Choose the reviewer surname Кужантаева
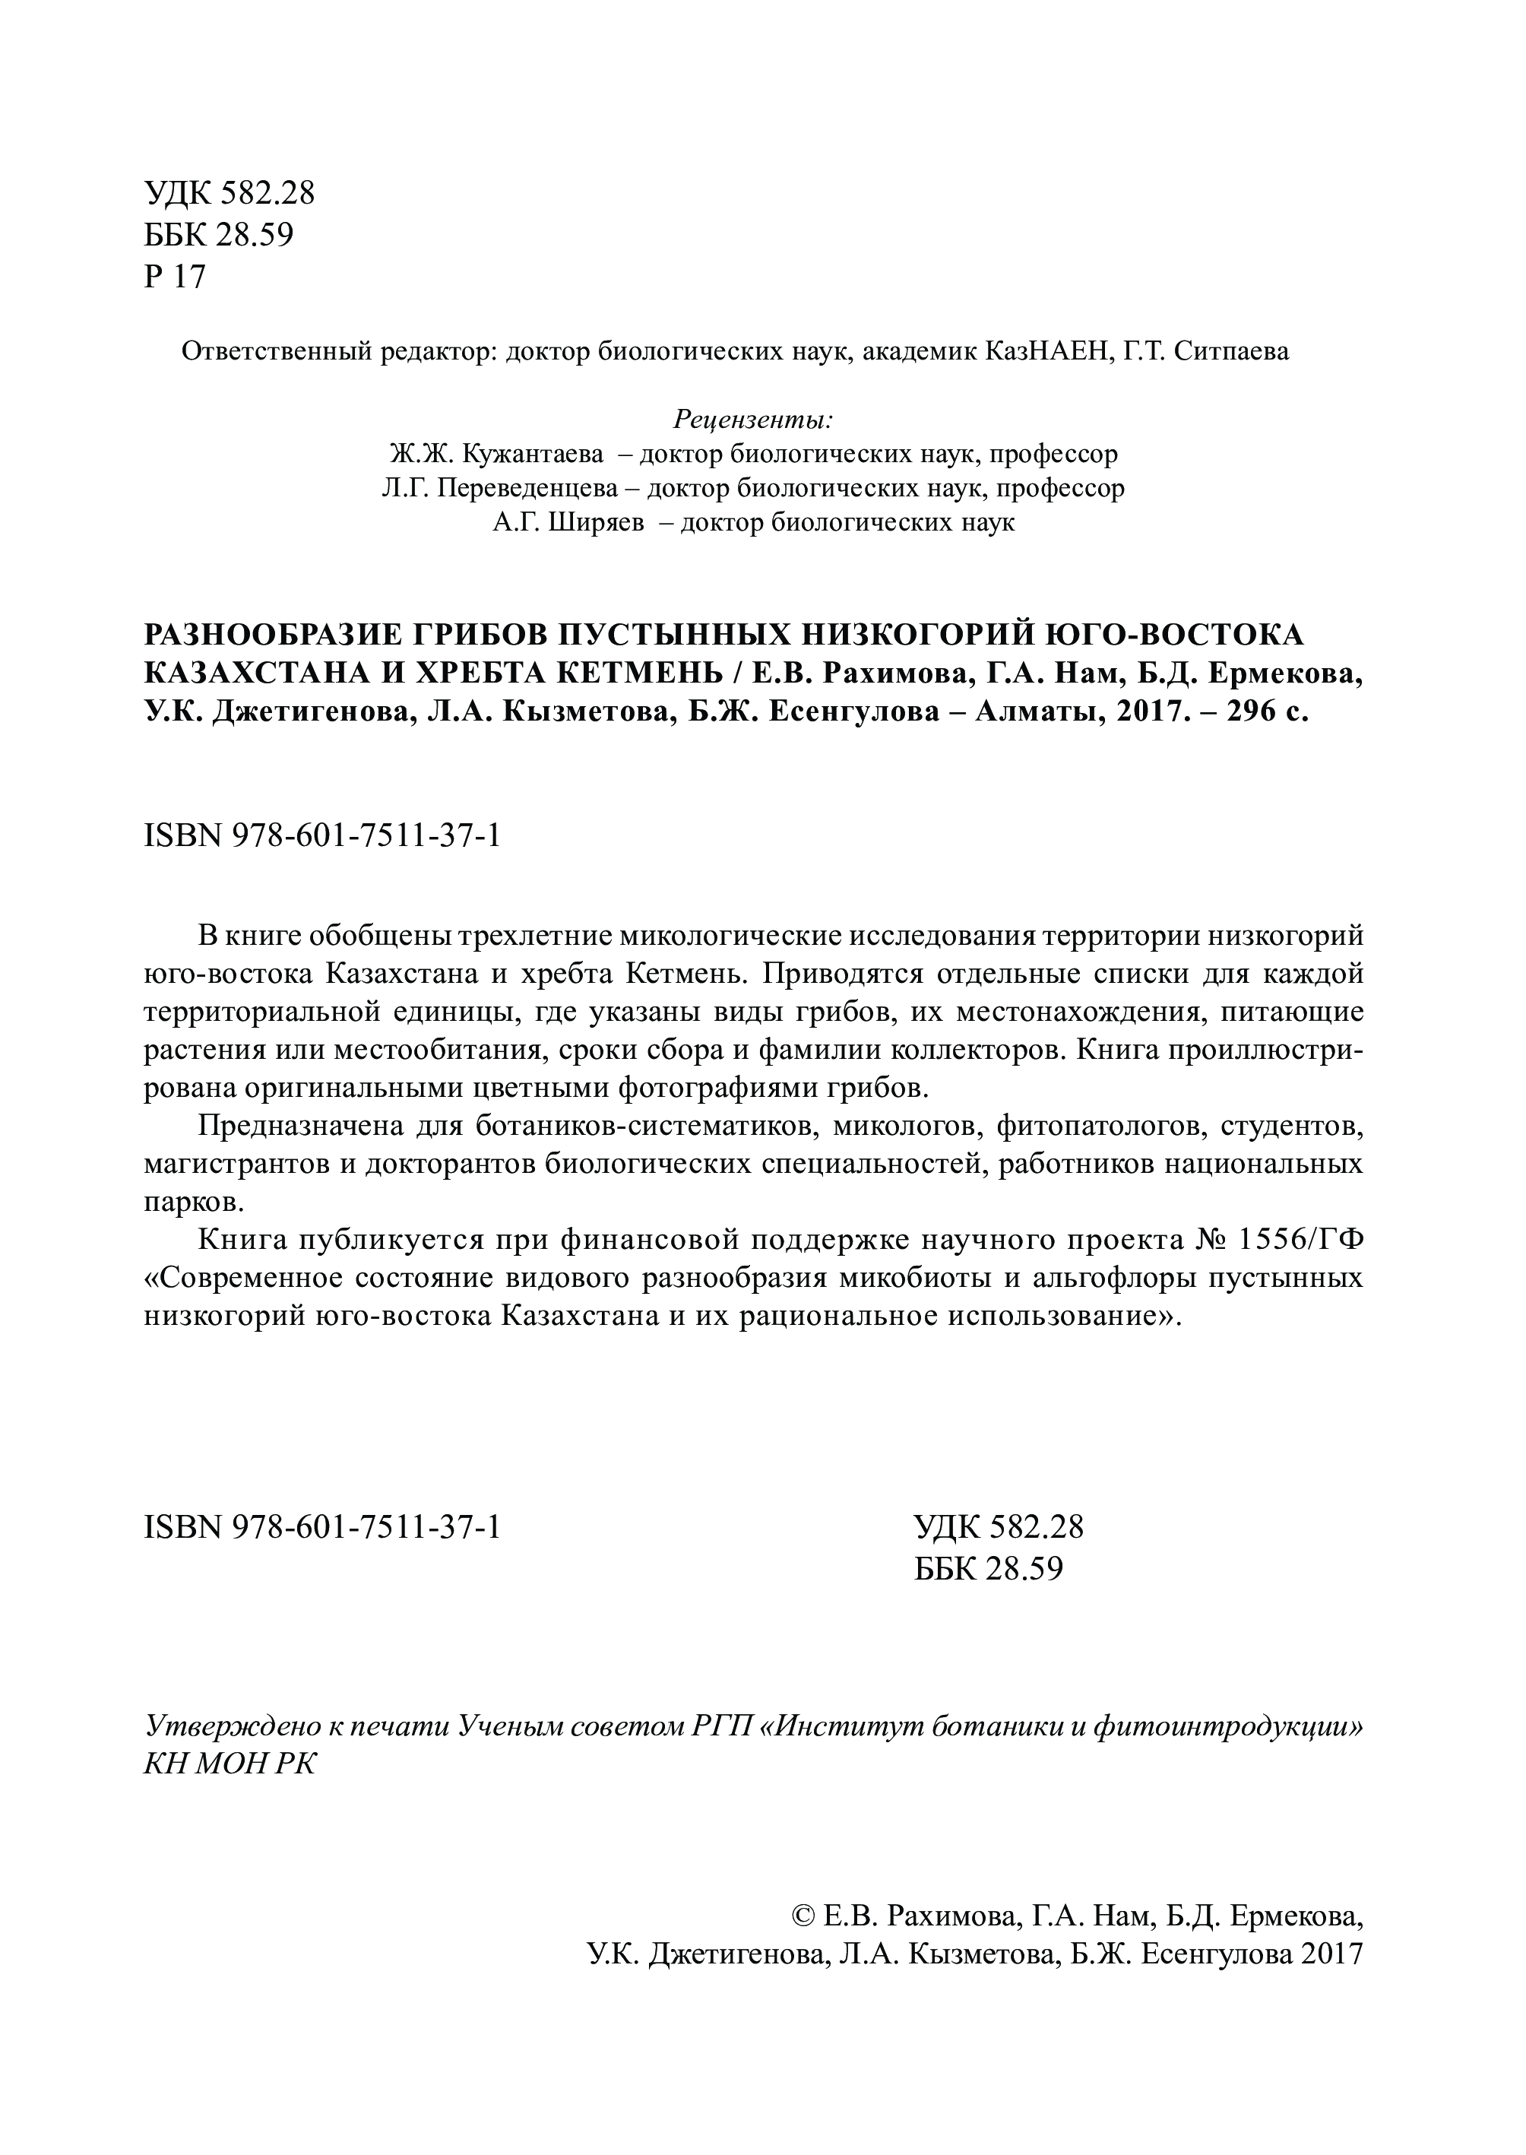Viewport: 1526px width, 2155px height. click(522, 455)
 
